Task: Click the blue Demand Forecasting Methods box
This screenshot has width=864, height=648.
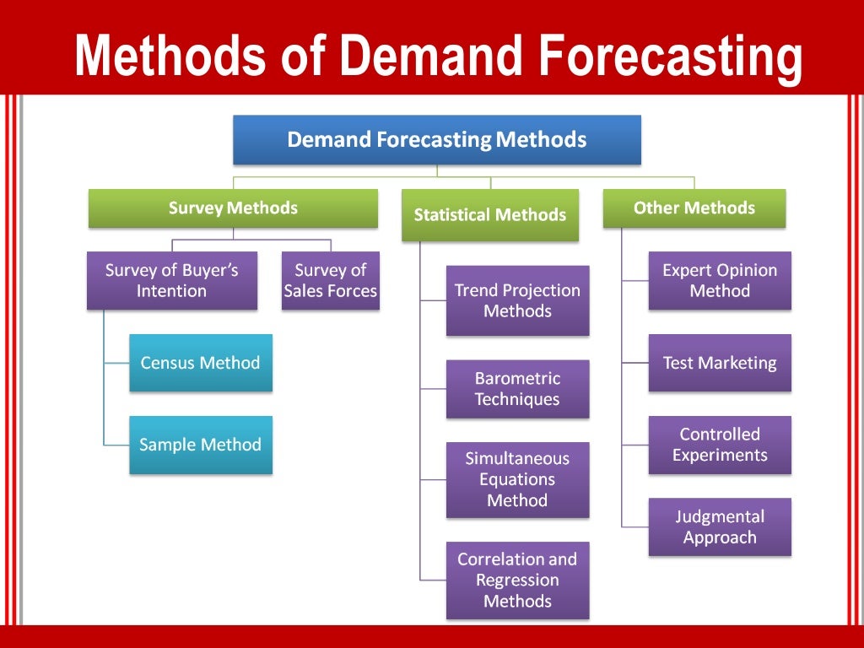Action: (437, 139)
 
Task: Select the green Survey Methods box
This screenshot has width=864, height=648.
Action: (233, 208)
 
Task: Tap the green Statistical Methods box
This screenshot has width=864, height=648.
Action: (489, 215)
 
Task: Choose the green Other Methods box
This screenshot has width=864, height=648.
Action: (694, 208)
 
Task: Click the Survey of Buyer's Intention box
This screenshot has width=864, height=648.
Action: (172, 280)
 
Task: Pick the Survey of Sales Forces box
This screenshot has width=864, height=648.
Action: (330, 280)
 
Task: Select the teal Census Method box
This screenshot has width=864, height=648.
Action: (201, 363)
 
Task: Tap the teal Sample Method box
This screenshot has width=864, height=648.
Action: (201, 445)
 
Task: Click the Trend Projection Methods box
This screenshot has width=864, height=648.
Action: (517, 300)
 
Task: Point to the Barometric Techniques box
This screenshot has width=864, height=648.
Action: (517, 389)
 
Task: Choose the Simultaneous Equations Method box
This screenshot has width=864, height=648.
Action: (517, 479)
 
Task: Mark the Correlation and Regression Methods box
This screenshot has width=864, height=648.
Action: (517, 580)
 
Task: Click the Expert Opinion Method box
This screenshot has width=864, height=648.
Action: (720, 280)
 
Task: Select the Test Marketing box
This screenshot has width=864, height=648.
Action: (720, 363)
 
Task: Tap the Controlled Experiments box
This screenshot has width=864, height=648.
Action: (720, 445)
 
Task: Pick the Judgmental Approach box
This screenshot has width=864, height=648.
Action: (720, 526)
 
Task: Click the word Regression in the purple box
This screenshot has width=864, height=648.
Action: (517, 580)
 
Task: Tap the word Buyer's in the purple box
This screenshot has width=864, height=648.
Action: (205, 270)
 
